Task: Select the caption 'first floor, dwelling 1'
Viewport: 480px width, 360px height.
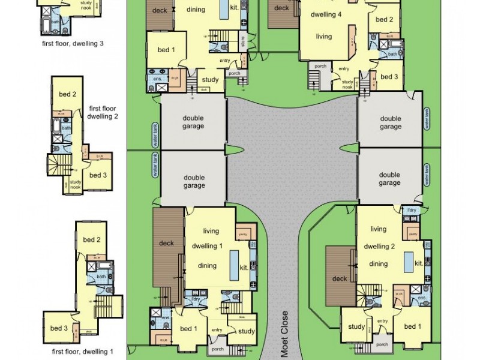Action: tap(82, 351)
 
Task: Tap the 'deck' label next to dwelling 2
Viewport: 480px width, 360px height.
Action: tap(340, 278)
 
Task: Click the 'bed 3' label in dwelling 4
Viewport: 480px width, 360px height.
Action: tap(389, 77)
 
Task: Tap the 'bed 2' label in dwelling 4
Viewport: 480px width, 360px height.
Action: tap(385, 19)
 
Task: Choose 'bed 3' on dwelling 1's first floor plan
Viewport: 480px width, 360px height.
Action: tap(58, 328)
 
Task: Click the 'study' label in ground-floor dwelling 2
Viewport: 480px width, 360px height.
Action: tap(356, 327)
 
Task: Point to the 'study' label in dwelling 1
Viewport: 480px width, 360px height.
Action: tap(246, 331)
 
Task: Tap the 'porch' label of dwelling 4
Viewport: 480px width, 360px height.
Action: tap(320, 66)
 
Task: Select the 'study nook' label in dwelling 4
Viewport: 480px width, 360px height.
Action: tap(347, 84)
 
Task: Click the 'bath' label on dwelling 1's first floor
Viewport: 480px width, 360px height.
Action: tap(102, 277)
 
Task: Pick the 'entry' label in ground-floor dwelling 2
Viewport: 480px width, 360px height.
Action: tap(382, 321)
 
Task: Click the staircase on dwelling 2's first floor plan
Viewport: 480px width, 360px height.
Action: tap(59, 164)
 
